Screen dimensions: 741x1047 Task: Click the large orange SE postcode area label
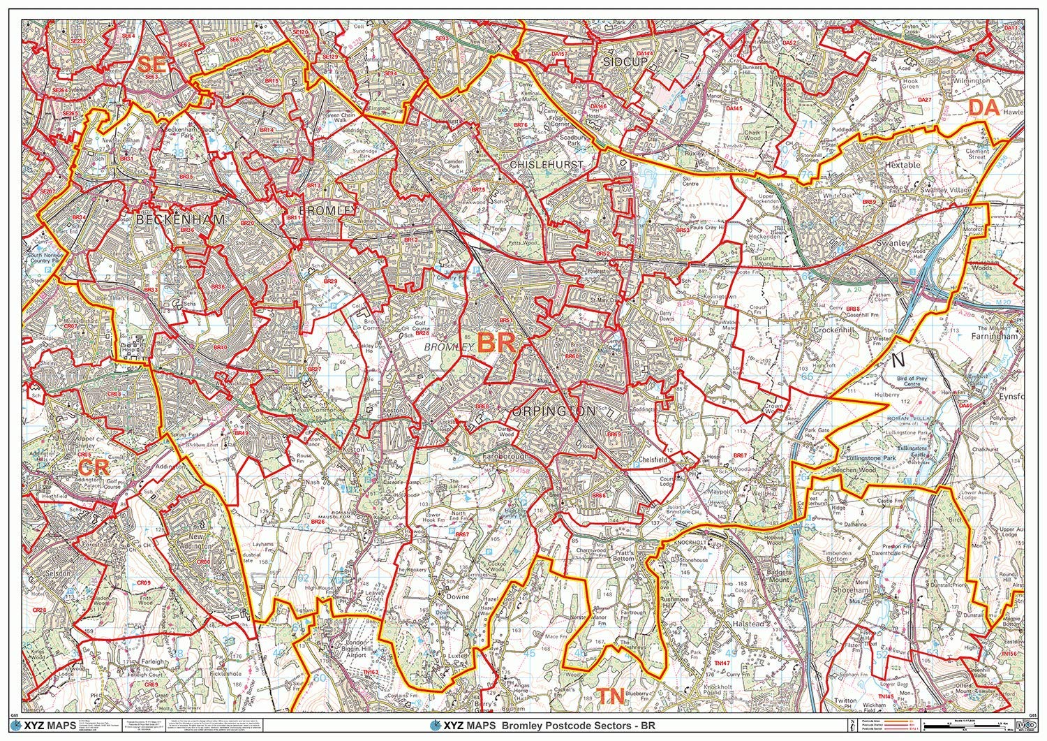coord(152,65)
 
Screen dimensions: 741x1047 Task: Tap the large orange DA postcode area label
coord(983,108)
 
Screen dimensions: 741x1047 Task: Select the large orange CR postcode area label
coord(94,466)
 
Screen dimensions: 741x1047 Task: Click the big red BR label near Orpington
coord(496,343)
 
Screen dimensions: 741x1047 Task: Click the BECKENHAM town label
coord(179,219)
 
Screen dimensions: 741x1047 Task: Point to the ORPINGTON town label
coord(554,411)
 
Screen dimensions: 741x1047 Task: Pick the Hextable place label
coord(902,166)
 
